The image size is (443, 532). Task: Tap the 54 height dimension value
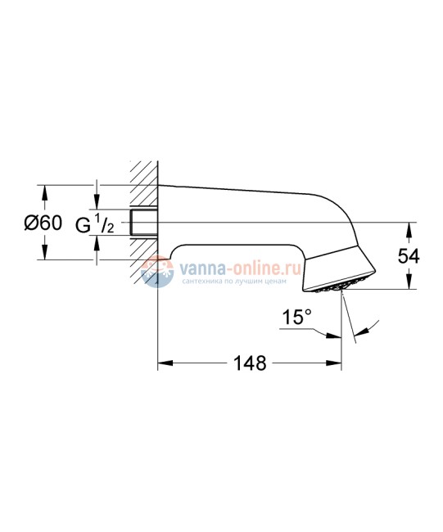(x=409, y=257)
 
